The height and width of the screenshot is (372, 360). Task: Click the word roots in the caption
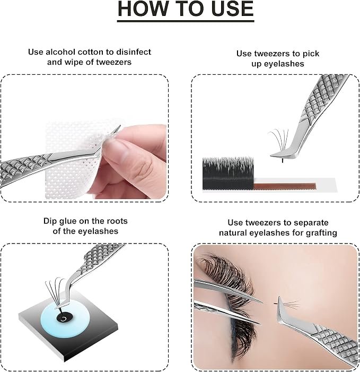coord(117,221)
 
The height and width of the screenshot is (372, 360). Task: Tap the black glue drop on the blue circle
coord(63,319)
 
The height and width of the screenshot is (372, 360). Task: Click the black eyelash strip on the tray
coord(228,173)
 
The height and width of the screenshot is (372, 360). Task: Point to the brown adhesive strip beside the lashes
coord(284,186)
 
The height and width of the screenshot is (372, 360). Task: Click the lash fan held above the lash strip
coord(279,141)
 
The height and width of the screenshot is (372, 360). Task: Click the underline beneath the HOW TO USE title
coord(186,21)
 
